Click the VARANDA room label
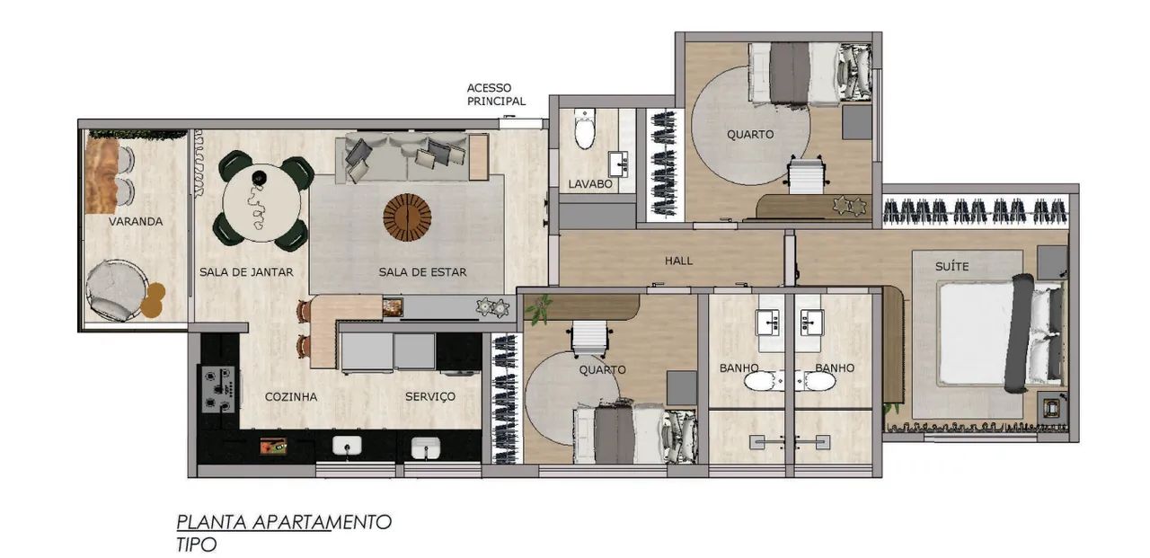136,222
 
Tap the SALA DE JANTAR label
246,272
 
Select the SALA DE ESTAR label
422,272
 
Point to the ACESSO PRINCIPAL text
496,94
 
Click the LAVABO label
590,184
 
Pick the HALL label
678,261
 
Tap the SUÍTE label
951,267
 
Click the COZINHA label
290,397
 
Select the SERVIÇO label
430,397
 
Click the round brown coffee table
407,217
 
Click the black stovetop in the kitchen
218,389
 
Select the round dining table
261,203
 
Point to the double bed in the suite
998,333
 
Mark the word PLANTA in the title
211,523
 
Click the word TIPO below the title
196,545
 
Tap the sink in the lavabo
619,164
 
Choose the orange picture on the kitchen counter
273,446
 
